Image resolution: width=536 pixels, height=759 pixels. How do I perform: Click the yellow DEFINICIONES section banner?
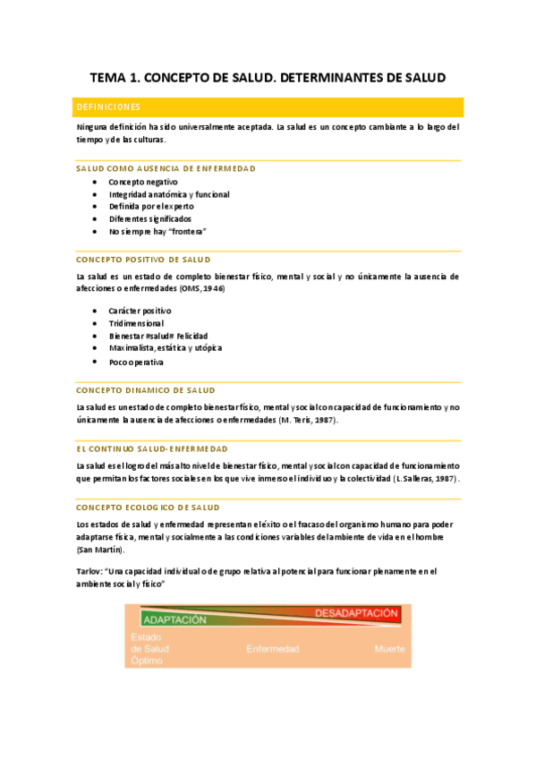[268, 107]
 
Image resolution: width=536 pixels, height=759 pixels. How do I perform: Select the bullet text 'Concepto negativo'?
[143, 182]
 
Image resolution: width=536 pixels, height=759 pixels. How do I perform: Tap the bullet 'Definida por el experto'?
[151, 206]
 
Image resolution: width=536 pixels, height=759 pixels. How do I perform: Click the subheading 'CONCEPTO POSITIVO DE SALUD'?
[143, 260]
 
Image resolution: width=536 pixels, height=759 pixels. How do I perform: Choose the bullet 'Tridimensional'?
[136, 323]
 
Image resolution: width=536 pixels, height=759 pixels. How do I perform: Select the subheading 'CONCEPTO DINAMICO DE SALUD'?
[145, 390]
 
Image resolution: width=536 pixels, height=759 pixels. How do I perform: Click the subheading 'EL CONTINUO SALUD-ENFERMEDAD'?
[151, 448]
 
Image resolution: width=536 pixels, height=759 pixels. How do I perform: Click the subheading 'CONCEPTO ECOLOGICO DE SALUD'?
[148, 507]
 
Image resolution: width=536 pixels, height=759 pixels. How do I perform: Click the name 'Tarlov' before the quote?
[89, 570]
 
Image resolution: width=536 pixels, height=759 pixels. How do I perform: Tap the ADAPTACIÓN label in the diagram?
[175, 618]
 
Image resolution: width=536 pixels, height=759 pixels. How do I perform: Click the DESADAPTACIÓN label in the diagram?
[356, 613]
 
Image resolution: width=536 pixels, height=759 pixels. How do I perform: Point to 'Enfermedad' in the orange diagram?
[272, 649]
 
